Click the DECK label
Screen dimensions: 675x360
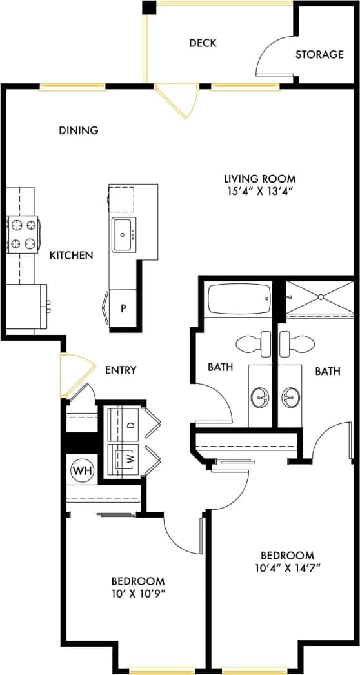pos(203,43)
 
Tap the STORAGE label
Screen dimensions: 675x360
pos(319,55)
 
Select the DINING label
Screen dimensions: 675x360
pos(79,130)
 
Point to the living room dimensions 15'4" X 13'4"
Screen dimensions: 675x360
pos(259,190)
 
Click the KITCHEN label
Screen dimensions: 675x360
pos(71,256)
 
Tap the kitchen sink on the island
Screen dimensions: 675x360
pos(124,235)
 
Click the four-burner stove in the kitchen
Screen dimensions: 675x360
pos(23,235)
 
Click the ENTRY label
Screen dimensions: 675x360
pos(121,370)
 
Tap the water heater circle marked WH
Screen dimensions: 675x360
pos(81,469)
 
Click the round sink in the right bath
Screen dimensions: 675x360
pos(292,395)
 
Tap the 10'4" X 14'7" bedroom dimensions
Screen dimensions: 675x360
pos(287,567)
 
